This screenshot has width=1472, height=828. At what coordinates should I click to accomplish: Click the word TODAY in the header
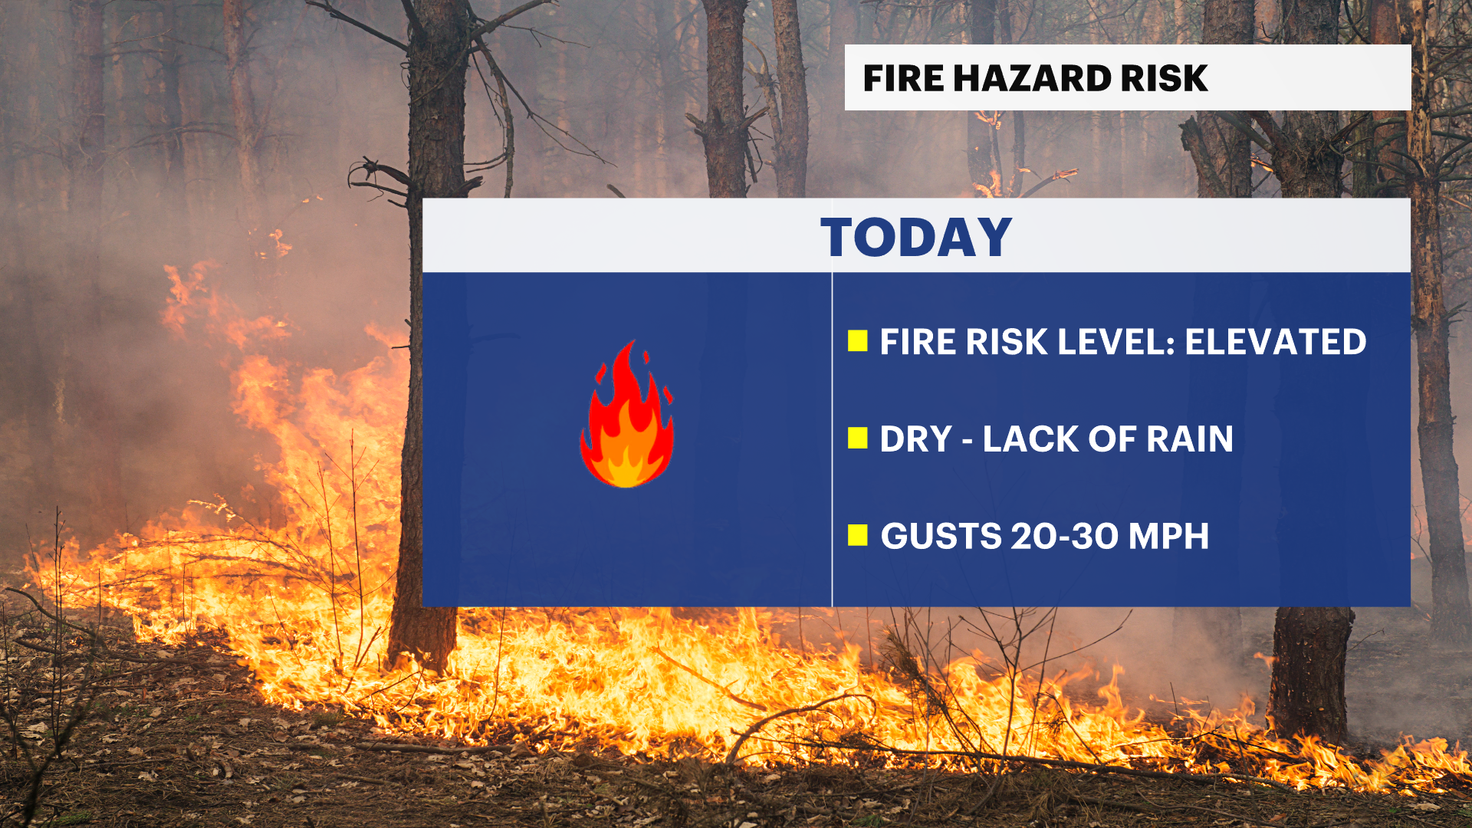(x=916, y=237)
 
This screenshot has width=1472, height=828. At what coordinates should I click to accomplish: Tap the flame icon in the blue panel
(x=627, y=416)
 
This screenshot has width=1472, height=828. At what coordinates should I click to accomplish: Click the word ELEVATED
(x=1276, y=342)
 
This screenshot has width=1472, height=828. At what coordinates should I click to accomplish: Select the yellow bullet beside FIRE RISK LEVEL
(x=858, y=341)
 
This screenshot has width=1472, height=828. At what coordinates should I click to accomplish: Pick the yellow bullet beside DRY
(x=858, y=439)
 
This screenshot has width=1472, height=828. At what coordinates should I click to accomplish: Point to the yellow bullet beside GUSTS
(x=858, y=535)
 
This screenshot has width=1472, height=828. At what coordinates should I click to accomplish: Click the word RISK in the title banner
(x=1165, y=78)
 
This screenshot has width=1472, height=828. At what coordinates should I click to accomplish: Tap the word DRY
(x=915, y=439)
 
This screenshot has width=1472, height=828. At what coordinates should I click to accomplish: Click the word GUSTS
(x=941, y=536)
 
